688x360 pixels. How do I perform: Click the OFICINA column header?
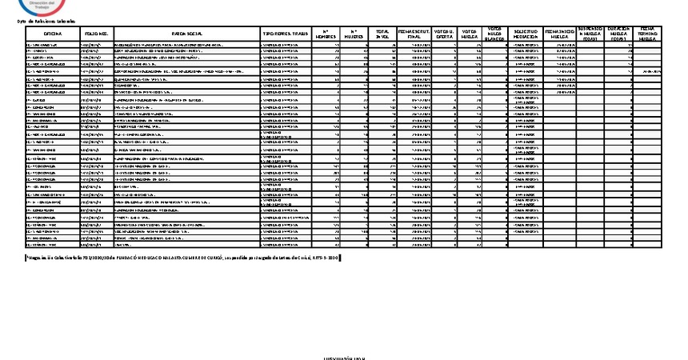pos(52,34)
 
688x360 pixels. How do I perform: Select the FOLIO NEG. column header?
pos(95,34)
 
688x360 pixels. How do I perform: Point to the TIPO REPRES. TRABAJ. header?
pos(285,34)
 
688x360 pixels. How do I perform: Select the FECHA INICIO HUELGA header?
pos(562,34)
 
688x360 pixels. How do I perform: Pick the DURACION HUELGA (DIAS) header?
pos(619,34)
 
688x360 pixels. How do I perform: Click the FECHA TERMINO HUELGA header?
pos(647,34)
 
